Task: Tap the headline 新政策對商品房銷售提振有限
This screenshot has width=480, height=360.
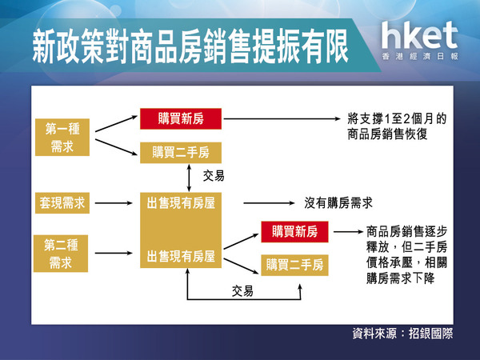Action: tap(190, 46)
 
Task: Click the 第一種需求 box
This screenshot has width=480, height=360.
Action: tap(62, 137)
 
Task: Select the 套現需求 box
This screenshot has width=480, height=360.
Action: tap(62, 203)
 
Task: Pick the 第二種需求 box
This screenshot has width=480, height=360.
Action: tap(61, 254)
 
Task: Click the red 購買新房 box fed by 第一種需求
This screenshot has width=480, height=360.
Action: tap(181, 118)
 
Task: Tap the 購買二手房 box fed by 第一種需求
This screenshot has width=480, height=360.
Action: tap(181, 153)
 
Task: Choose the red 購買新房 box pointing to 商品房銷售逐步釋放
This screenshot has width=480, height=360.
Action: tap(294, 232)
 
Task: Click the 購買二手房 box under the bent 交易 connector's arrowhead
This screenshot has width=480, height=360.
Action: tap(294, 265)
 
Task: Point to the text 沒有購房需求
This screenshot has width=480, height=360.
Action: tap(338, 203)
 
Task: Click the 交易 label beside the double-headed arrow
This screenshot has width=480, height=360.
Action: tap(214, 176)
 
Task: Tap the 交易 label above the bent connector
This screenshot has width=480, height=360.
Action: tap(242, 291)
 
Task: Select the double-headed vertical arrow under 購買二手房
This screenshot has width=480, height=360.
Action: tap(189, 178)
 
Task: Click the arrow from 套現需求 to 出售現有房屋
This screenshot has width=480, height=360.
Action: tap(114, 203)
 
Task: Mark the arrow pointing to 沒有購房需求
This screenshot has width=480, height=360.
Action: tap(269, 203)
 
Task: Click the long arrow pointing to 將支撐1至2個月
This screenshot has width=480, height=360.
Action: tap(282, 118)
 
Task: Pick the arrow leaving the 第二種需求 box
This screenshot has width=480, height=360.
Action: tap(114, 253)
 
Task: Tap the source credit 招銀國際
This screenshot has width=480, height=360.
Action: tap(430, 334)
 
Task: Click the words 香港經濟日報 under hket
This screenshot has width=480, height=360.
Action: tap(420, 57)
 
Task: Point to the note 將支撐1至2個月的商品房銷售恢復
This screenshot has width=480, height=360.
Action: tap(397, 126)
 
